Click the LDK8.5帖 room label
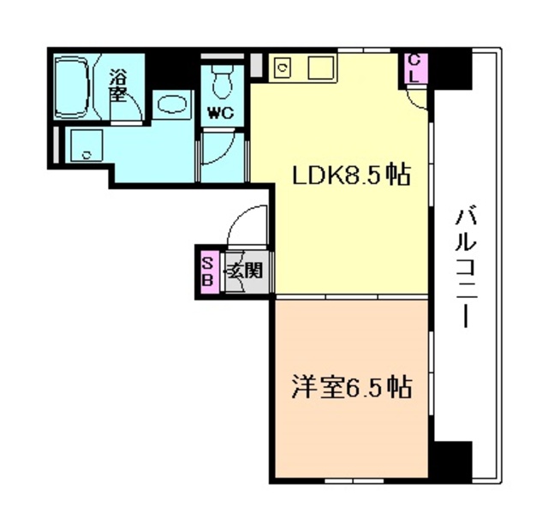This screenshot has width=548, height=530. (x=351, y=175)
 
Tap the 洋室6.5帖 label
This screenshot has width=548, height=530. (x=352, y=387)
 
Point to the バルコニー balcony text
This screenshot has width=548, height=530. (x=466, y=267)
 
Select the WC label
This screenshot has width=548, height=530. (x=220, y=113)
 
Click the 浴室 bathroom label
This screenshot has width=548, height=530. (x=117, y=85)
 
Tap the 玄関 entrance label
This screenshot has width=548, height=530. (x=245, y=270)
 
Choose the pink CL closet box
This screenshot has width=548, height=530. (x=414, y=68)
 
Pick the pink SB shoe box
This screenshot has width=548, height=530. (x=208, y=271)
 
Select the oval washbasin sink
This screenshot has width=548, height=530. (x=172, y=104)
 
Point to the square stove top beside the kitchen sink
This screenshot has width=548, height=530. (x=320, y=68)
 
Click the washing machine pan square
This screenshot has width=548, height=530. (x=86, y=146)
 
